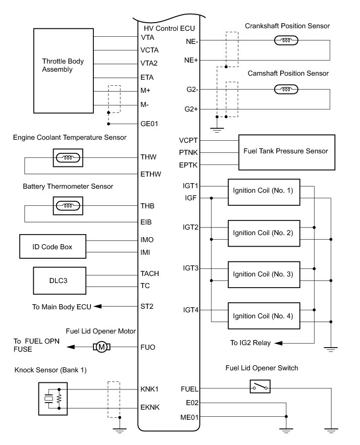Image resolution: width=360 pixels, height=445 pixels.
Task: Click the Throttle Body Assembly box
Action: coord(63,71)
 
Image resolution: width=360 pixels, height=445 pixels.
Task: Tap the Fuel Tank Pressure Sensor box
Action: coord(287,152)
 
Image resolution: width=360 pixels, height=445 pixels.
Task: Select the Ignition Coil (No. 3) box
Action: coord(264,274)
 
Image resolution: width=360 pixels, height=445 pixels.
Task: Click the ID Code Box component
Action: coord(53,246)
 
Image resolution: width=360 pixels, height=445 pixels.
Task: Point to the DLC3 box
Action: coord(60,281)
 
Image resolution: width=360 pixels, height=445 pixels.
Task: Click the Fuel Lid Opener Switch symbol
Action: coord(260,386)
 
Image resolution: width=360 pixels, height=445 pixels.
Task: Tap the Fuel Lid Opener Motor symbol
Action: coord(101,347)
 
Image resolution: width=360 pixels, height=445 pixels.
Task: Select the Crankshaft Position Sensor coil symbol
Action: coord(286,40)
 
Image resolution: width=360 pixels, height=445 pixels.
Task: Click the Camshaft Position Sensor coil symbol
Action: coord(286,89)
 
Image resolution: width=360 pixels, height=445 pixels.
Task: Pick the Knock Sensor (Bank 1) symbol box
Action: coord(53,399)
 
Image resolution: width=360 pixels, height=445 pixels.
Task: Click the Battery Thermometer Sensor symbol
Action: coord(68,206)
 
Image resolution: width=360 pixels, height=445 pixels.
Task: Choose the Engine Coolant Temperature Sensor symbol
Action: coord(68,158)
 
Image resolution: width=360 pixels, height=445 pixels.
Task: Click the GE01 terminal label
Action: coord(149,124)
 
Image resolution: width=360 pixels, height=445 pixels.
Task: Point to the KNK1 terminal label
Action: coord(149,389)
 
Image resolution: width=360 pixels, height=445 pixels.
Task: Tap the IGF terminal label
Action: coord(190,198)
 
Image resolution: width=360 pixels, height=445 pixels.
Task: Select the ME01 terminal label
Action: coord(189,417)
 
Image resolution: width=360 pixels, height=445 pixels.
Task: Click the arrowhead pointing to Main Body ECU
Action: coord(97,306)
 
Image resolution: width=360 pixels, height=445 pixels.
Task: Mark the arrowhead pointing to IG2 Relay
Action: coord(279,343)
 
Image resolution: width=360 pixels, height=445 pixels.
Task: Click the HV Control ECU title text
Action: coord(169,28)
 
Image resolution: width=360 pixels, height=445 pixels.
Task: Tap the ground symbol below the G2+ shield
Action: coord(217,130)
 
